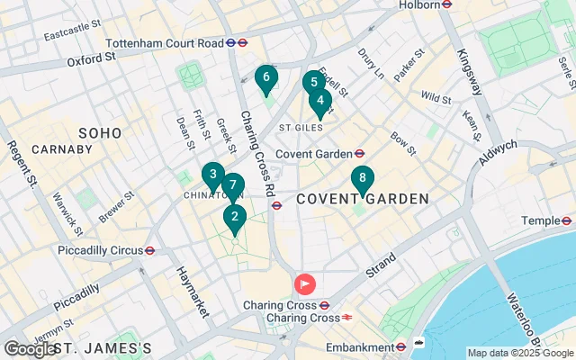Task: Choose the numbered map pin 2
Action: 235,217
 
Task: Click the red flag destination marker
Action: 305,285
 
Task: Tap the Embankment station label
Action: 363,346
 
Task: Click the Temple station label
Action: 541,220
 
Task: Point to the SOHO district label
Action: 99,133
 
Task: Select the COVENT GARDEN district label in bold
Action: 362,199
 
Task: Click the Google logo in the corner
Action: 29,349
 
